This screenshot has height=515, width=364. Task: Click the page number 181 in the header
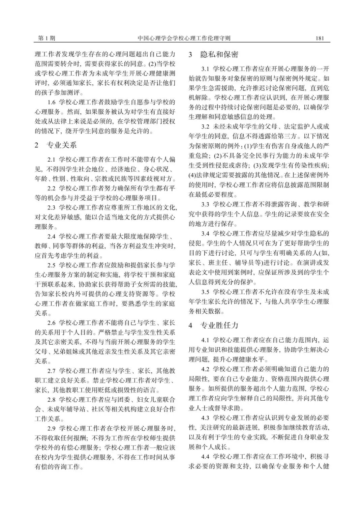click(x=320, y=38)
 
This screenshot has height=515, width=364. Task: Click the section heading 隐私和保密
click(x=219, y=55)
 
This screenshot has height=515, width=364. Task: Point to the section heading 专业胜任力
click(x=219, y=325)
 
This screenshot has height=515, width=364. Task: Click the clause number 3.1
click(x=206, y=69)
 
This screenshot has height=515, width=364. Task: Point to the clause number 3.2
click(x=206, y=127)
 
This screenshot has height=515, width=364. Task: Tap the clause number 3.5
click(x=206, y=292)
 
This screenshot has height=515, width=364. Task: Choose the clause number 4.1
click(x=206, y=340)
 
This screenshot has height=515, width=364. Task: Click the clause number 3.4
click(x=206, y=233)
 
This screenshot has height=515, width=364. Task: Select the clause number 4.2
click(x=206, y=369)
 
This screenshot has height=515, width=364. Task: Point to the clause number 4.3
click(x=206, y=418)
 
